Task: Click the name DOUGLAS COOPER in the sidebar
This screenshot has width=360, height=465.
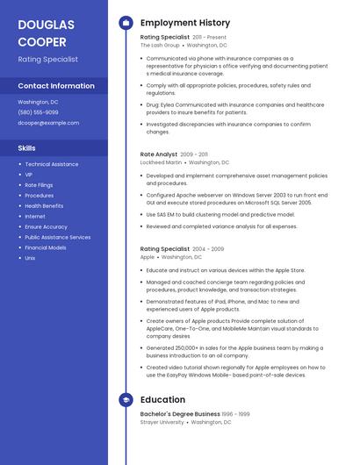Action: (46, 32)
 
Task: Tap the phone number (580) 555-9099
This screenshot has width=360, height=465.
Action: (38, 112)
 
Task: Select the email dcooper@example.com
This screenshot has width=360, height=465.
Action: (48, 123)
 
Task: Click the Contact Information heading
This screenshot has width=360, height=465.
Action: (56, 86)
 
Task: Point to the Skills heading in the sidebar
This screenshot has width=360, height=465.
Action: (26, 148)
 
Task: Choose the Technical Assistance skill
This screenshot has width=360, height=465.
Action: (51, 164)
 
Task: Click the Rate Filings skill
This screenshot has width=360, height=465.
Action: (39, 185)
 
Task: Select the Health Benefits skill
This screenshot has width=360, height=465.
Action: (44, 205)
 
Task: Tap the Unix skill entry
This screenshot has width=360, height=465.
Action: (30, 258)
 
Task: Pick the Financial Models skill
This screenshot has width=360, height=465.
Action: (46, 247)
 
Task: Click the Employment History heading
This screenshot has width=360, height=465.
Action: (185, 23)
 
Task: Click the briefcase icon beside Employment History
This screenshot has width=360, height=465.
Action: (126, 23)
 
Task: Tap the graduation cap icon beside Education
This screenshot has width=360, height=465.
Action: (126, 400)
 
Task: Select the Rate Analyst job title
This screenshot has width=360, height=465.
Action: (159, 154)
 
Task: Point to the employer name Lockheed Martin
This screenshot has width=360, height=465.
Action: (162, 162)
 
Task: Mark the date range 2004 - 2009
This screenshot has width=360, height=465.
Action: (208, 249)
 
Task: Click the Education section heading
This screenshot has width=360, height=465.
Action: (162, 400)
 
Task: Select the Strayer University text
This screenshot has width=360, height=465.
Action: (162, 422)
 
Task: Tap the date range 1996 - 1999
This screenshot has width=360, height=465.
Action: (235, 414)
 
